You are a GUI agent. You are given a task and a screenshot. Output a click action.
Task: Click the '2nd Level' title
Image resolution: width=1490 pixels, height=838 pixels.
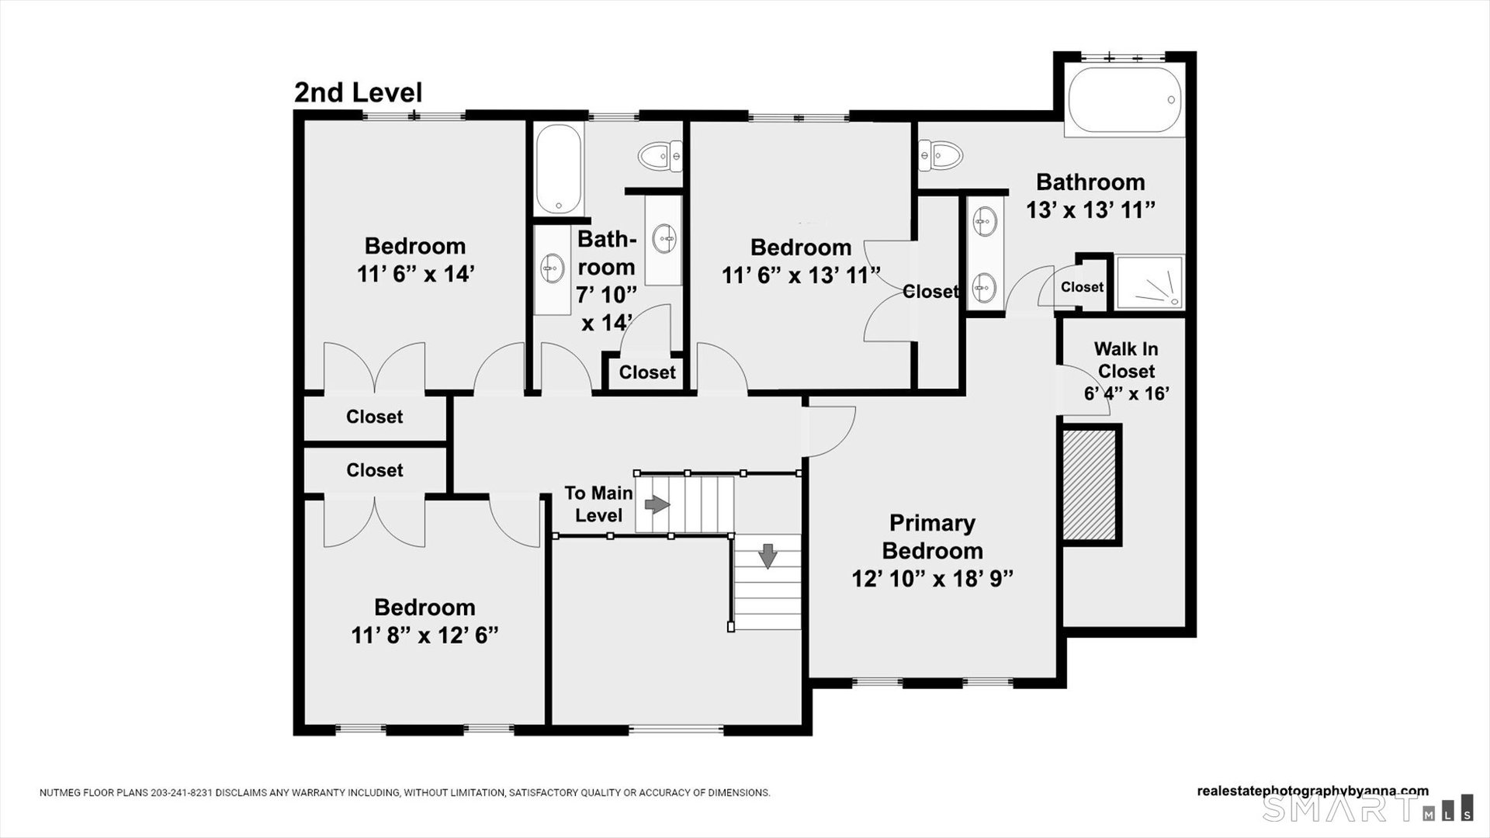[358, 92]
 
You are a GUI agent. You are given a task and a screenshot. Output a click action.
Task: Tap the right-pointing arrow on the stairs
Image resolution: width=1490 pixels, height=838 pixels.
[657, 505]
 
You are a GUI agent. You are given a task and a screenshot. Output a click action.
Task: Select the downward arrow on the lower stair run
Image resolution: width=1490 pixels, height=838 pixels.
[768, 556]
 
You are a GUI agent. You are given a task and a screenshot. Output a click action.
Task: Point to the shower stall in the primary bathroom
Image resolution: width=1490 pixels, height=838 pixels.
[1149, 282]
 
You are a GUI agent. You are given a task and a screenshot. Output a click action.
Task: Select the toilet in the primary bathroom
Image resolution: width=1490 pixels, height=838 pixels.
[940, 155]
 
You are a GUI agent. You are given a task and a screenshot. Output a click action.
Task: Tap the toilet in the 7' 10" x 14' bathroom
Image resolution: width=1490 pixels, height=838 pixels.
[660, 156]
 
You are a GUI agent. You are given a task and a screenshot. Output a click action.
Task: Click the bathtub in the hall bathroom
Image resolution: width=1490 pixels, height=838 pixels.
[558, 168]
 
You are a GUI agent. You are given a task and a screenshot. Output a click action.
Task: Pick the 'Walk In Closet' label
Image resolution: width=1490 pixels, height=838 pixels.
[1126, 360]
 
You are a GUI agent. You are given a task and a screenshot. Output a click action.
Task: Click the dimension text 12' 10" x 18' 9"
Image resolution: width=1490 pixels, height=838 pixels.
[932, 579]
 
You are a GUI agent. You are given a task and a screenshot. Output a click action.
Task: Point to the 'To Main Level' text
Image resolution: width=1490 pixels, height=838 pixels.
[598, 504]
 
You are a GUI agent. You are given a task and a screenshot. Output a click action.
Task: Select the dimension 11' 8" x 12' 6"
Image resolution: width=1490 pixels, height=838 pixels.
[424, 635]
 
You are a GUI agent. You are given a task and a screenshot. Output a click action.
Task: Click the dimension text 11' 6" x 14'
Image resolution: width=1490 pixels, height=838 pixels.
[415, 274]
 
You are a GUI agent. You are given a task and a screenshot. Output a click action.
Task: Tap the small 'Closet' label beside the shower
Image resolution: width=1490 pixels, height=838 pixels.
[1082, 287]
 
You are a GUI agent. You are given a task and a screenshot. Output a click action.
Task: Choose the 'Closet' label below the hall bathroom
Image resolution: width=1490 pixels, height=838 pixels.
[647, 372]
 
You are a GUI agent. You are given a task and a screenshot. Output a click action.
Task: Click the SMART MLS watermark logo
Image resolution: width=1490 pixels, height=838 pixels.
[1367, 809]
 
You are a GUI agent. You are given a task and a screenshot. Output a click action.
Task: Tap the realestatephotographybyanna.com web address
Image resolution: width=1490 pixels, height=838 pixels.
[1312, 791]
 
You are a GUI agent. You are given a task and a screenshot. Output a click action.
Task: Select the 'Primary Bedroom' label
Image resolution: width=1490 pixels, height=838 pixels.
[932, 537]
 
